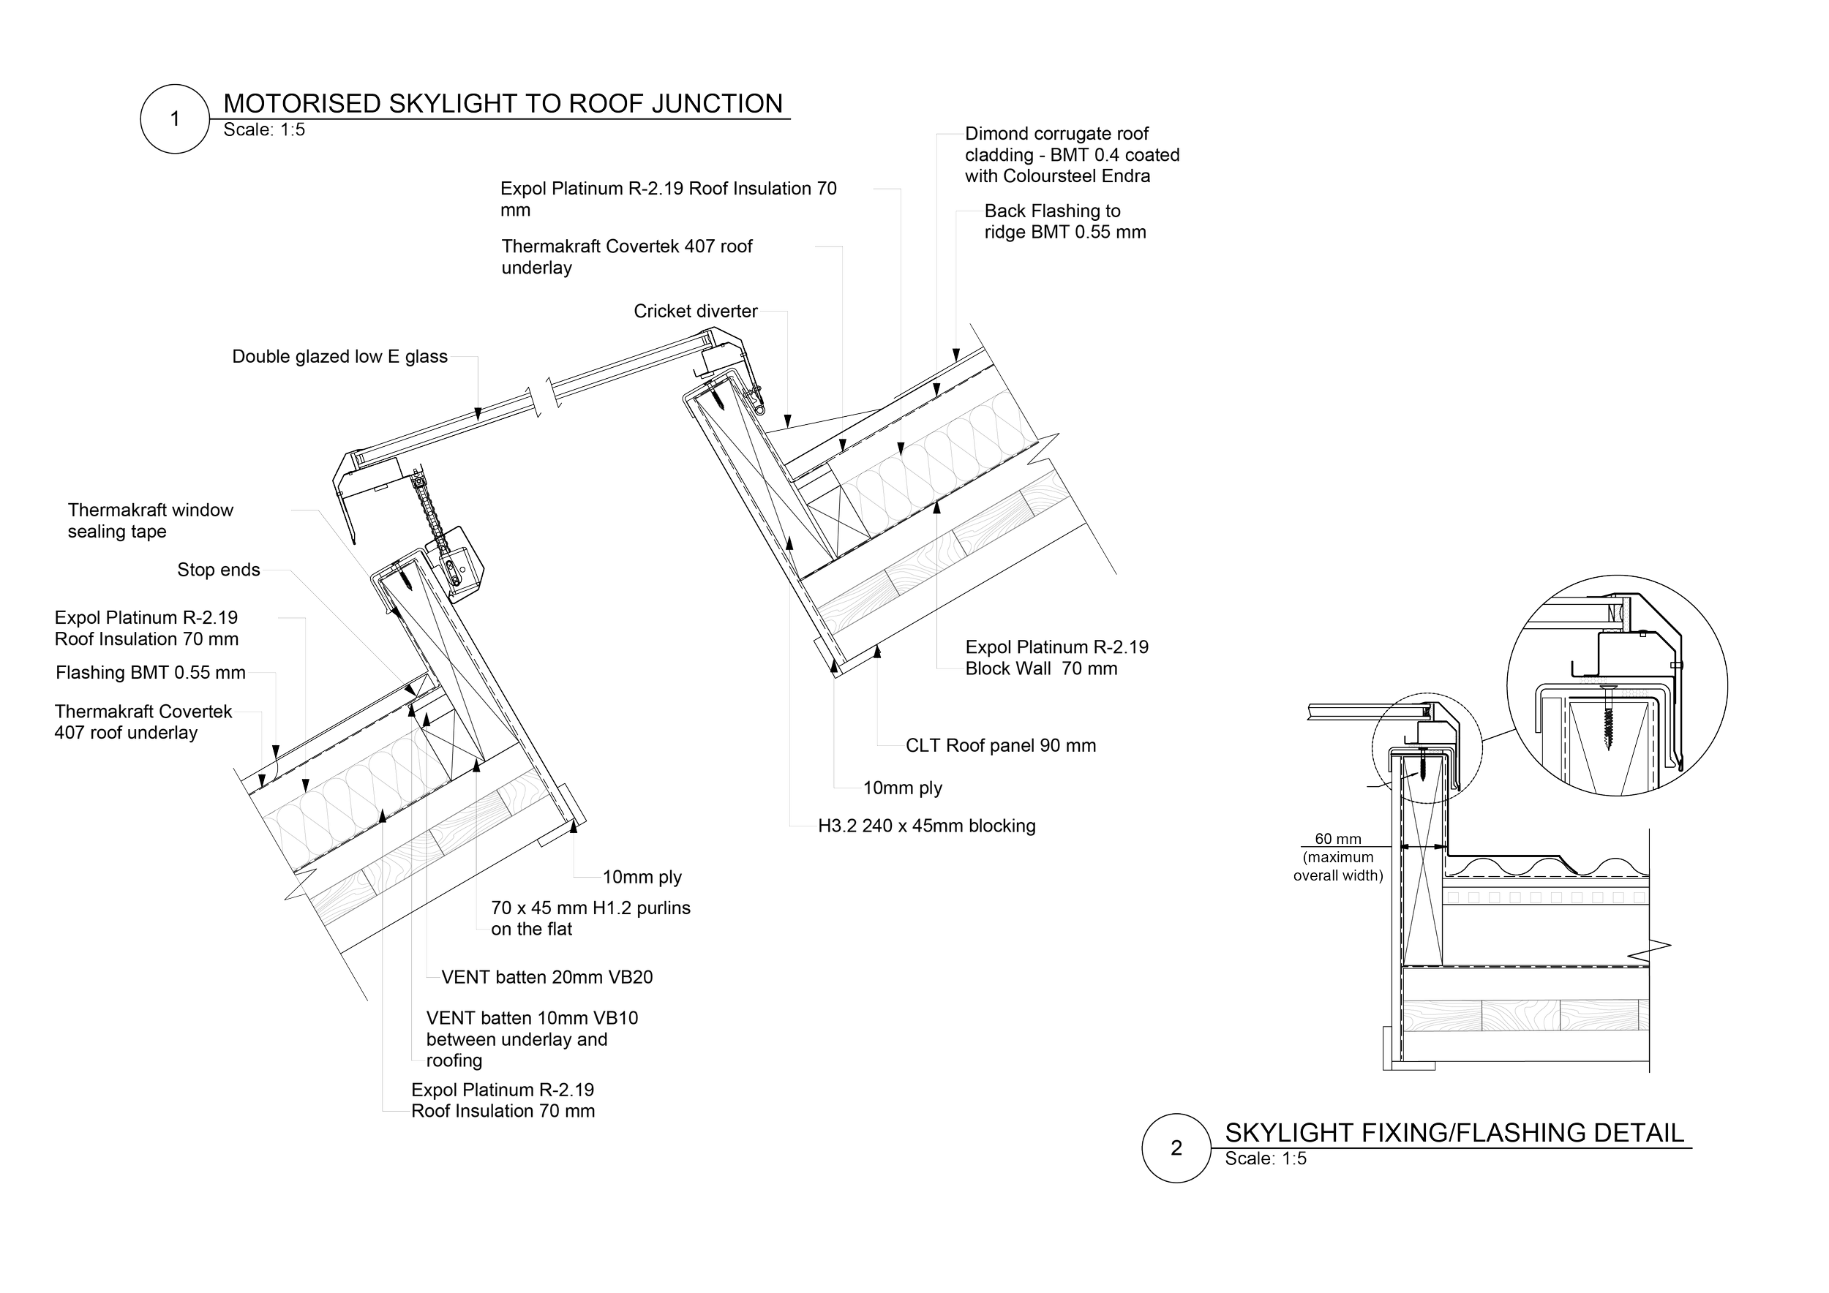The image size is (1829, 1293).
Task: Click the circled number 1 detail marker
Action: click(x=174, y=119)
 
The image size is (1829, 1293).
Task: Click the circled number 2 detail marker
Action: click(x=1176, y=1147)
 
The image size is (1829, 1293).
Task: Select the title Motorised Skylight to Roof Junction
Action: click(x=503, y=104)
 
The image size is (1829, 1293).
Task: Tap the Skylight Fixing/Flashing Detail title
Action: click(x=1454, y=1132)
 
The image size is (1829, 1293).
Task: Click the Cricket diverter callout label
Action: click(x=696, y=312)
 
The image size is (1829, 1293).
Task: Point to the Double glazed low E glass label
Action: click(x=340, y=357)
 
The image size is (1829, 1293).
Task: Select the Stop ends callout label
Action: click(x=218, y=570)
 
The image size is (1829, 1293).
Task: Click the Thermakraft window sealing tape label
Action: click(x=178, y=521)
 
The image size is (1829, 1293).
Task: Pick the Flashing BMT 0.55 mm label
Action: click(x=151, y=673)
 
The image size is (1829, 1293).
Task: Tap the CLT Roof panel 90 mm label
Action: click(x=1001, y=746)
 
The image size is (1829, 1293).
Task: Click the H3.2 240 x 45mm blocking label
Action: click(x=927, y=826)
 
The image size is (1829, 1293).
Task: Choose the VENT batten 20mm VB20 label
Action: click(x=547, y=978)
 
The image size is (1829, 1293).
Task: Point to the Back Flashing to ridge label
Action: click(x=1065, y=222)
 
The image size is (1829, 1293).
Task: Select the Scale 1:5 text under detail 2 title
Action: click(x=1265, y=1159)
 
